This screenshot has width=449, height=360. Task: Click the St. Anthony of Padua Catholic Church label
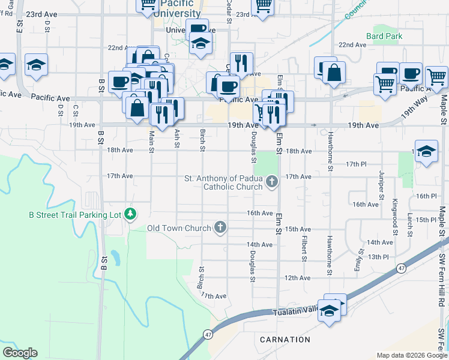pos(223,182)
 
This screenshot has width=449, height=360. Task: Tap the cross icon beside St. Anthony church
pos(272,181)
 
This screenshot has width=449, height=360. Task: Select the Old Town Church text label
pos(179,229)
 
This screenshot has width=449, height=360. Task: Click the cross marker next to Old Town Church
pos(220,228)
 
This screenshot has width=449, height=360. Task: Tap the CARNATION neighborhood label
pos(285,340)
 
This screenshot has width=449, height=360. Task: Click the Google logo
pos(20,353)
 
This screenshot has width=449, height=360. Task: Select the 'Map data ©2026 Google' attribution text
pos(411,355)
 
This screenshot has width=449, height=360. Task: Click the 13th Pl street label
pos(379,256)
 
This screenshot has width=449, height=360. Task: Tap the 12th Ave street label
pos(297,278)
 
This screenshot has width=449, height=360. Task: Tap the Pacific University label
pos(177,8)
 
